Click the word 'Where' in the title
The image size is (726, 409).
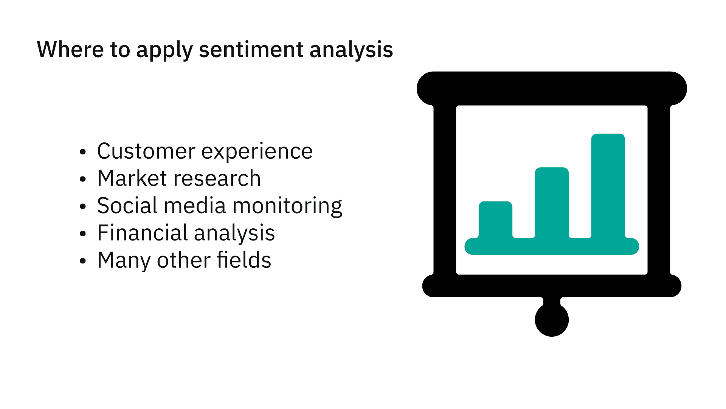pos(71,49)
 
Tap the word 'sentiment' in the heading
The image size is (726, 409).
pos(251,50)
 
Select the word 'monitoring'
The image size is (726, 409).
pos(287,207)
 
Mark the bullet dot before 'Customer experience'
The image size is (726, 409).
pos(83,152)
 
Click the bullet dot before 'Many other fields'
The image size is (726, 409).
pos(83,261)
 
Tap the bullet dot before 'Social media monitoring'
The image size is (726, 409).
pos(83,207)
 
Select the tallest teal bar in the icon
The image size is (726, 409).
pos(608,186)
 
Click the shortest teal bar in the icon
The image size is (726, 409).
pos(495,220)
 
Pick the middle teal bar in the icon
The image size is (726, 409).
pos(552,203)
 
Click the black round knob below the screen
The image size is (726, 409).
pos(552,320)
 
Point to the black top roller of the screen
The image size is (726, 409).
pos(552,89)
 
